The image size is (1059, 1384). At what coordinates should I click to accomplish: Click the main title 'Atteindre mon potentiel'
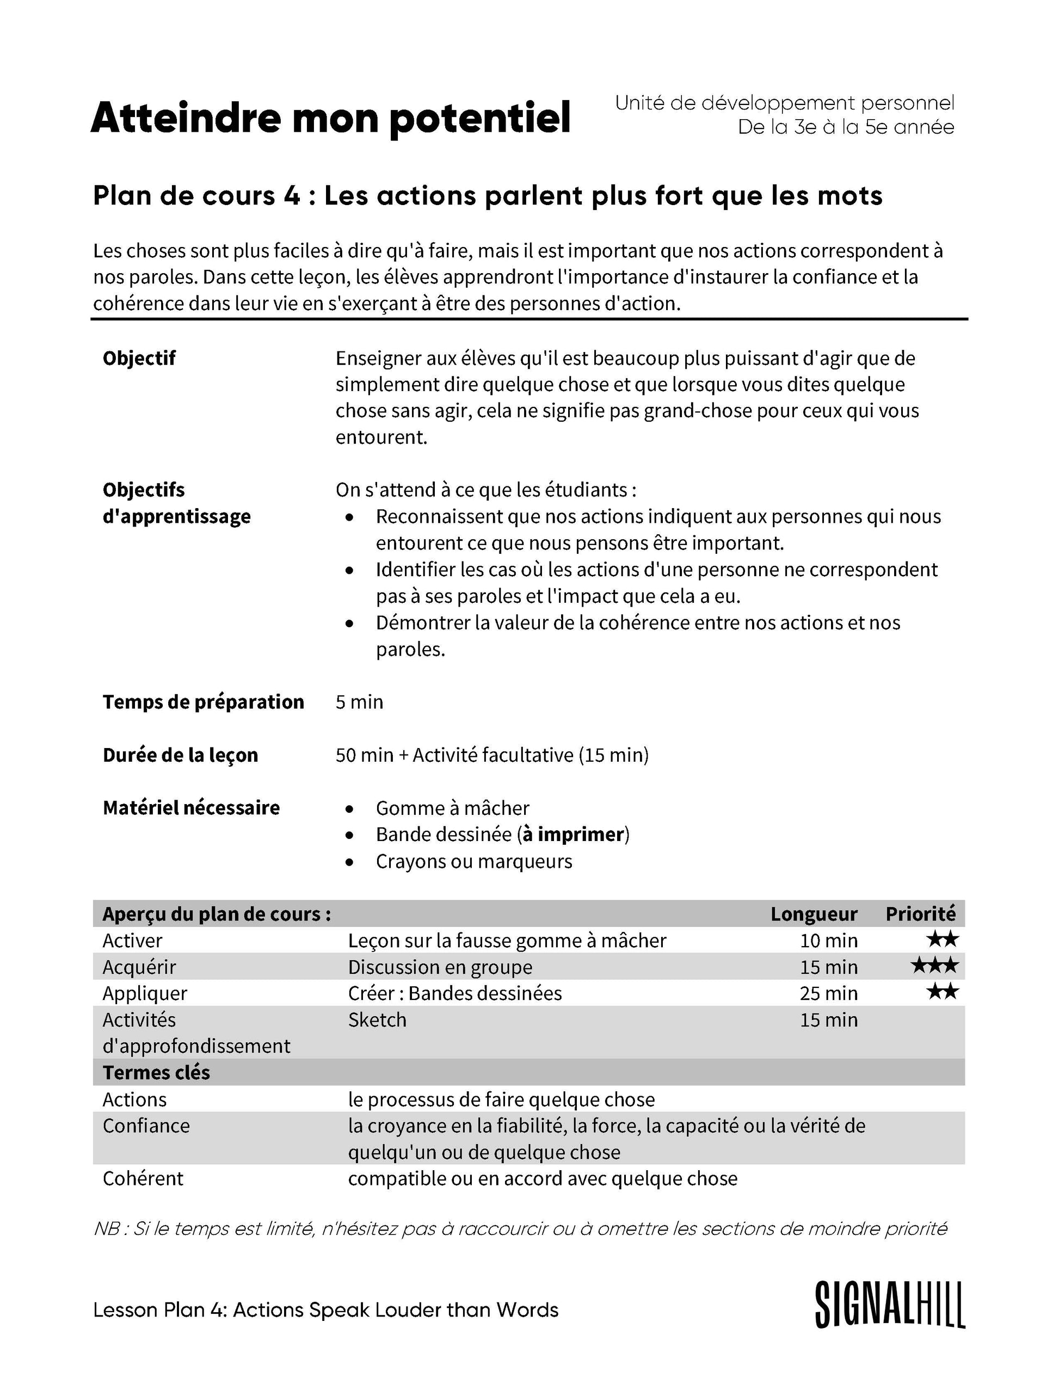[330, 118]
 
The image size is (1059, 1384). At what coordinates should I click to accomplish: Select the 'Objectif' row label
[139, 358]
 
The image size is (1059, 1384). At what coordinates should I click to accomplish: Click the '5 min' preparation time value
[359, 701]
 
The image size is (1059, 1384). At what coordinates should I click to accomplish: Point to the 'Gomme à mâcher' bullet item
[452, 808]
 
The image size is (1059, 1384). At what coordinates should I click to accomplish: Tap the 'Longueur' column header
[813, 914]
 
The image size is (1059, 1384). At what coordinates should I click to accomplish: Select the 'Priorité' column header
[920, 914]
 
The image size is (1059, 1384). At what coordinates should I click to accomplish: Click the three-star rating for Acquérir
[935, 966]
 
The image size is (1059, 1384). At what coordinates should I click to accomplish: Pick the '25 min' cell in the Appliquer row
[828, 993]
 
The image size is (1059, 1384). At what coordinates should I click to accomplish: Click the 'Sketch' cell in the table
[377, 1020]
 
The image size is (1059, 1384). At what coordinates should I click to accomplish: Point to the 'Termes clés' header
[156, 1073]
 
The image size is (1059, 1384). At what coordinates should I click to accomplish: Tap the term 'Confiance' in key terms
[146, 1126]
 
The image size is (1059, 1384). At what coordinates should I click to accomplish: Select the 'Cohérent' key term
[143, 1178]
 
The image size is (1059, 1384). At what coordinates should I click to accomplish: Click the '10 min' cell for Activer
[828, 940]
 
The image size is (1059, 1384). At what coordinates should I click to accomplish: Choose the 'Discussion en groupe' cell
[440, 967]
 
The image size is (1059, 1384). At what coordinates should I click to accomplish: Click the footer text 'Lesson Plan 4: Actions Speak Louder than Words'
[326, 1309]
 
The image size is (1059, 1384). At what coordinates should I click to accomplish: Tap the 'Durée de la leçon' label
[180, 755]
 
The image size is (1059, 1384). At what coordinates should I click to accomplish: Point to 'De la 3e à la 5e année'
[846, 127]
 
